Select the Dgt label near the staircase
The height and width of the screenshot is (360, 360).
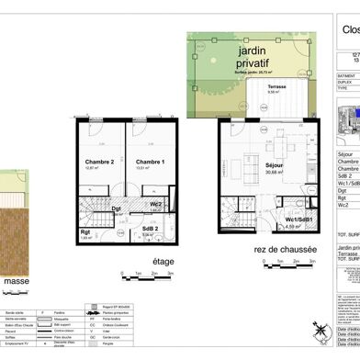[x=117, y=208]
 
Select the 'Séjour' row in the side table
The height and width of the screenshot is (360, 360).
[x=344, y=155]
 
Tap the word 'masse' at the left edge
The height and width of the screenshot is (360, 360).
[x=18, y=280]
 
